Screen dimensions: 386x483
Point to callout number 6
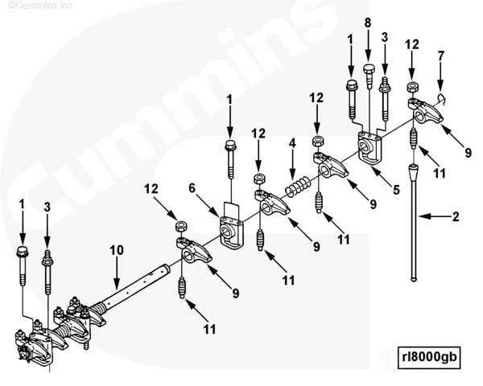(192, 187)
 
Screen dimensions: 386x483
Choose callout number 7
(440, 55)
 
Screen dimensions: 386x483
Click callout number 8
(368, 23)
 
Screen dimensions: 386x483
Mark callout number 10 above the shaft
(117, 251)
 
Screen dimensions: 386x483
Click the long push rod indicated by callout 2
(415, 225)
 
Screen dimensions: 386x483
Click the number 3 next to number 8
(385, 37)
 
